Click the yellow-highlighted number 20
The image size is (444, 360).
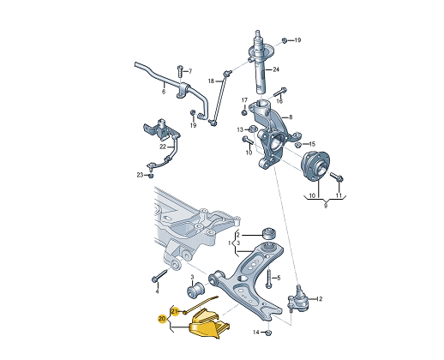162,319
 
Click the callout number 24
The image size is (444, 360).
276,69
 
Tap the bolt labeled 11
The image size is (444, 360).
335,177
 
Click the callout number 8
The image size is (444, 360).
291,117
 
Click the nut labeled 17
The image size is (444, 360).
245,111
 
